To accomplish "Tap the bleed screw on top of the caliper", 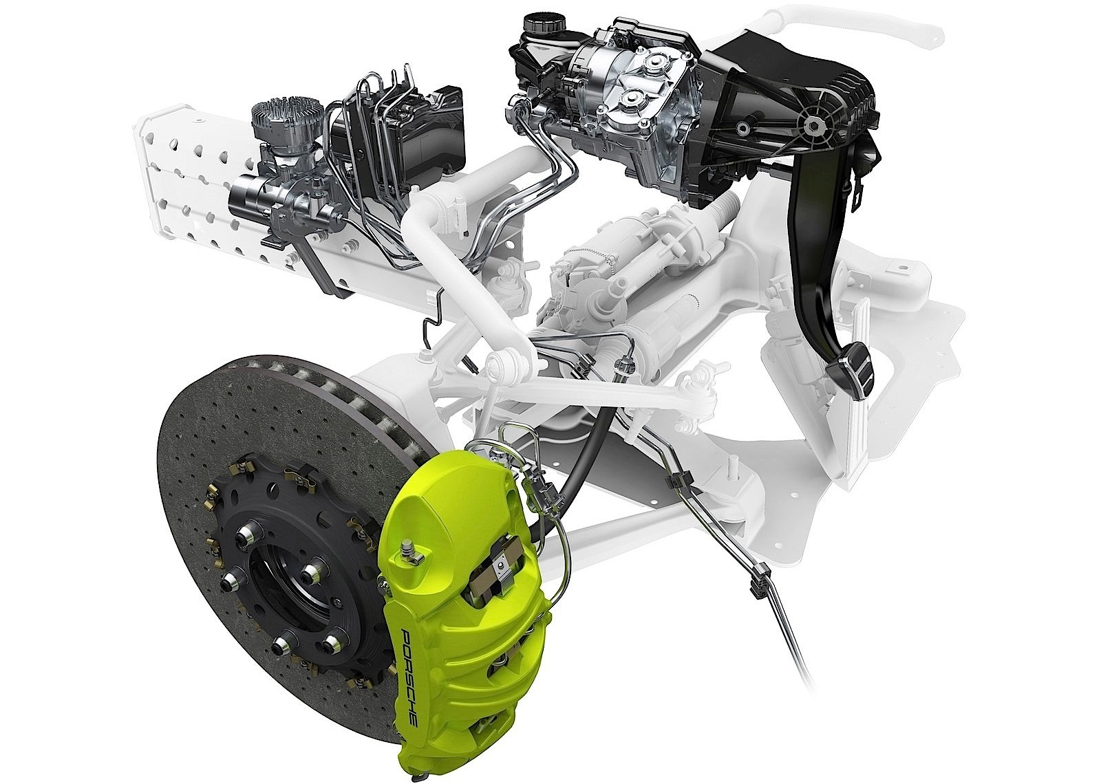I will point(408,547).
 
